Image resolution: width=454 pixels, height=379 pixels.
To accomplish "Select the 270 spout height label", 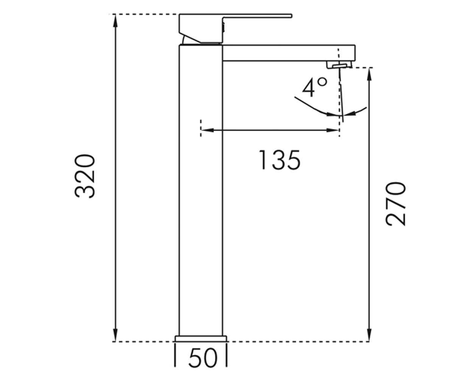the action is [395, 204].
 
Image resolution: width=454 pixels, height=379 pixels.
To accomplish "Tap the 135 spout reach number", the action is [280, 160].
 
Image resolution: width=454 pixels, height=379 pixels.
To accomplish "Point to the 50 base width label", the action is [203, 358].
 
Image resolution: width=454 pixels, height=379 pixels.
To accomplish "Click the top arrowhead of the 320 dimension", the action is [116, 21].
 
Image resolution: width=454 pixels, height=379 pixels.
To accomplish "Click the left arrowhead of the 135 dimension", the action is [208, 130].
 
